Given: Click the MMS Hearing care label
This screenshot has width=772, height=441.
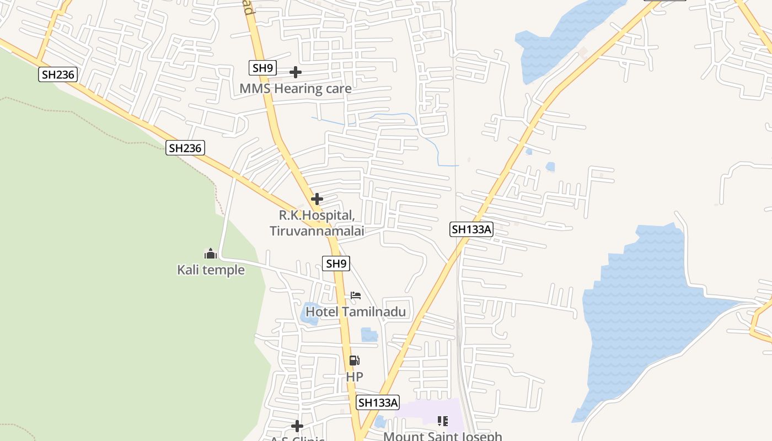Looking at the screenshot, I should tap(295, 88).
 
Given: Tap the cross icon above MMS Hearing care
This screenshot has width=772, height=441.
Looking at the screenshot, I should tap(296, 72).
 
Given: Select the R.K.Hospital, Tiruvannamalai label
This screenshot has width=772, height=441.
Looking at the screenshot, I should tap(317, 223).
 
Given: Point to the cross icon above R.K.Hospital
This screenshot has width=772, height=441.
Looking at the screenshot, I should tap(317, 198).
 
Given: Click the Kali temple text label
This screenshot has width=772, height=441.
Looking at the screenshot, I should tap(211, 270).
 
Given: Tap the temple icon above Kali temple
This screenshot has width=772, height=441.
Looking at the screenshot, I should tap(211, 254).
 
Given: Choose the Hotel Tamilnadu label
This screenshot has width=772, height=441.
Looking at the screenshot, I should tap(356, 311).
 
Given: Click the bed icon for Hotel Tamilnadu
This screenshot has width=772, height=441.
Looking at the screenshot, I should tap(356, 295).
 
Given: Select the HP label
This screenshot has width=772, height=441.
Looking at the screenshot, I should tap(355, 377).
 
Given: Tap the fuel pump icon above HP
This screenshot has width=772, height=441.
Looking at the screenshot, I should tap(355, 361).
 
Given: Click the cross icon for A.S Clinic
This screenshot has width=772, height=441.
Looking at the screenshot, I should tap(297, 426).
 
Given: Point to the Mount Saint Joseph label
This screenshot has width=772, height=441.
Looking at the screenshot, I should tap(443, 436).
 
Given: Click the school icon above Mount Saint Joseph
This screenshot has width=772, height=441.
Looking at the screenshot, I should tap(442, 421).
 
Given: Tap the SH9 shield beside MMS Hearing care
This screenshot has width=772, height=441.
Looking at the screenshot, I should tap(262, 68).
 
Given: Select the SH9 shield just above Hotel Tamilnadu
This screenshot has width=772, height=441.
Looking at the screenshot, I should tap(336, 263).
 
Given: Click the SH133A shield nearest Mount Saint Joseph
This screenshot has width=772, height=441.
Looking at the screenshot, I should tap(378, 402).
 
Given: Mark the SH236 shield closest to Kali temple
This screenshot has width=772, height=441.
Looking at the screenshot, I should tap(185, 148).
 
